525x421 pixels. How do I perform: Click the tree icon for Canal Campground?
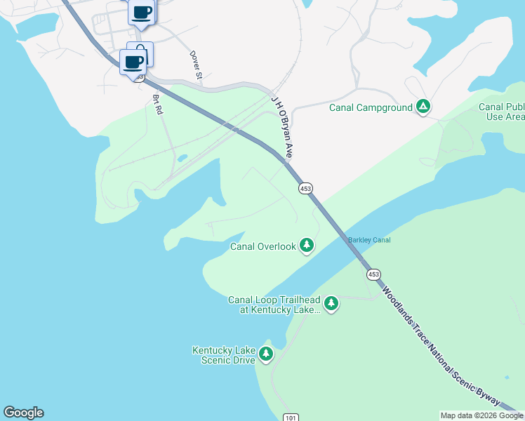(423, 107)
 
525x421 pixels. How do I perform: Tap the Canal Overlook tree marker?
(306, 246)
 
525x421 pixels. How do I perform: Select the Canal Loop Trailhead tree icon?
(331, 304)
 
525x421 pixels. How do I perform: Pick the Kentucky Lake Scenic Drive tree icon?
(265, 354)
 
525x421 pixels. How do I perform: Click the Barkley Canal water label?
(369, 241)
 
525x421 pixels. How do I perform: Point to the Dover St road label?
(197, 64)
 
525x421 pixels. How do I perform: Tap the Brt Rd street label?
(157, 105)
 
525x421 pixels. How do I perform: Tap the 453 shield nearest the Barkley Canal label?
(373, 274)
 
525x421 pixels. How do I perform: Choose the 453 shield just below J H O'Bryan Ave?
(305, 189)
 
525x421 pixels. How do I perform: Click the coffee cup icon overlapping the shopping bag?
(133, 62)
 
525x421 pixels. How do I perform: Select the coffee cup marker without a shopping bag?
(142, 12)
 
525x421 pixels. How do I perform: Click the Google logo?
(23, 413)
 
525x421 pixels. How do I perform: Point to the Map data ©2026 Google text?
(481, 415)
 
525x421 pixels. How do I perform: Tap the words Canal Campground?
(370, 107)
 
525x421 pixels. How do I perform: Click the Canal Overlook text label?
(263, 246)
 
